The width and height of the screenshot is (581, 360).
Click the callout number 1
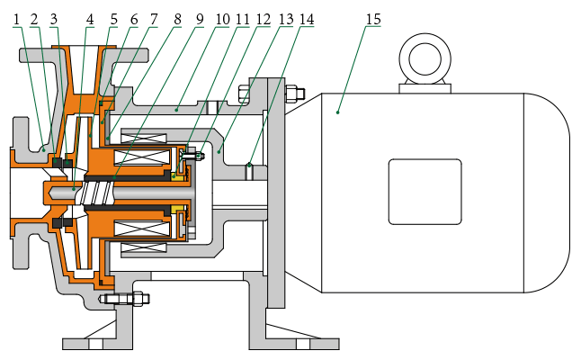click(x=16, y=18)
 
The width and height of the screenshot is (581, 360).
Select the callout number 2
click(x=34, y=18)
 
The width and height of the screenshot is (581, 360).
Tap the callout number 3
click(x=54, y=18)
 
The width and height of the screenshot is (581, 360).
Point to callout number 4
click(x=90, y=18)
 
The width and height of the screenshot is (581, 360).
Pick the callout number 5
click(x=113, y=18)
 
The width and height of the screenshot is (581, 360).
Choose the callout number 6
click(x=133, y=18)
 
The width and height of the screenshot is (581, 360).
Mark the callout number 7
click(x=154, y=18)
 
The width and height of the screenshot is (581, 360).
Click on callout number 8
click(x=177, y=18)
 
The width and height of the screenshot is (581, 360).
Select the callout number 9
click(x=200, y=18)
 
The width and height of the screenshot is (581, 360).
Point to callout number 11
click(x=243, y=18)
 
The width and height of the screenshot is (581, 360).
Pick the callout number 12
click(x=264, y=18)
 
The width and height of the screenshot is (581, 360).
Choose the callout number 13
click(x=286, y=18)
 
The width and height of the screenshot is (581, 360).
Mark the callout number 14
click(x=308, y=18)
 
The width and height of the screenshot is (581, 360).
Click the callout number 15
click(x=370, y=18)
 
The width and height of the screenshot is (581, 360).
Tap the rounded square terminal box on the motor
click(x=425, y=190)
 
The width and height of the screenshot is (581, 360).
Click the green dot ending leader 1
click(x=42, y=150)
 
